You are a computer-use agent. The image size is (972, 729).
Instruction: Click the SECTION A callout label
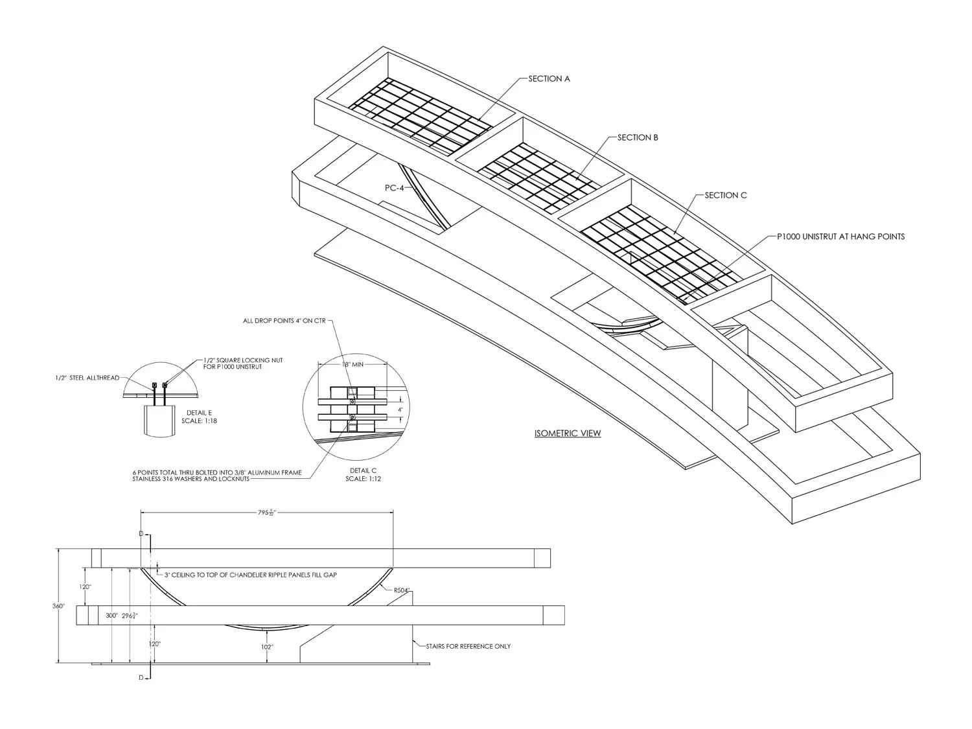(x=549, y=79)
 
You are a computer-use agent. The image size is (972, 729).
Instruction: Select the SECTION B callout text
(x=638, y=137)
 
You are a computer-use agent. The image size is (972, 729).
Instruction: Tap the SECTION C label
(x=726, y=195)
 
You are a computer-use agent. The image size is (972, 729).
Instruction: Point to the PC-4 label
(x=394, y=188)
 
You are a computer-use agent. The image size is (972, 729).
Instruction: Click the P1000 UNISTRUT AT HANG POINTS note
(x=841, y=237)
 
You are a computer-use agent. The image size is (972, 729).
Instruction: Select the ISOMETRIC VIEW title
(x=568, y=433)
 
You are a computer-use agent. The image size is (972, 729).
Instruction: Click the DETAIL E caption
(x=200, y=417)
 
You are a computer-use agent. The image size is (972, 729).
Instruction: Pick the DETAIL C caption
(x=363, y=474)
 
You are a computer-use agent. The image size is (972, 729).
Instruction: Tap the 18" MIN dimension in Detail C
(x=353, y=365)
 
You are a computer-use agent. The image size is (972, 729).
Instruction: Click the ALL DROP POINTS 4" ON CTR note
(x=284, y=321)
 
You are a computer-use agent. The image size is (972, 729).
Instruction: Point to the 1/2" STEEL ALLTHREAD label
(x=87, y=378)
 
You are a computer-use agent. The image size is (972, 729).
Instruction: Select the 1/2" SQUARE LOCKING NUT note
(x=243, y=364)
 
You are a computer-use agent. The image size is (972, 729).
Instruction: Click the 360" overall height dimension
(x=58, y=606)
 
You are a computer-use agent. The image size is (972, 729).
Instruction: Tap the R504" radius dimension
(x=402, y=590)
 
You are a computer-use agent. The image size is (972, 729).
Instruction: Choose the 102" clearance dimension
(x=267, y=647)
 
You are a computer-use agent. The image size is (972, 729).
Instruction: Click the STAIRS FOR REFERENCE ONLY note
(x=469, y=646)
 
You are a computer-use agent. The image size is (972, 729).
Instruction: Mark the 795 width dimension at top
(x=267, y=513)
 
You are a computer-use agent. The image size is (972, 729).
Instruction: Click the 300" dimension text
(x=111, y=615)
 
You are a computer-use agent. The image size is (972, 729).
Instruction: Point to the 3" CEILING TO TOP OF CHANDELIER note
(x=251, y=575)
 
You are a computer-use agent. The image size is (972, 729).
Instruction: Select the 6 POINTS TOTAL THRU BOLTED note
(x=217, y=476)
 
